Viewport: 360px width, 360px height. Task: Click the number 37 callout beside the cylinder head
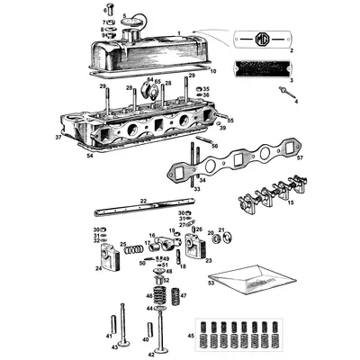pos(58,138)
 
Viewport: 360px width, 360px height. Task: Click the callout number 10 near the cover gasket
pos(212,69)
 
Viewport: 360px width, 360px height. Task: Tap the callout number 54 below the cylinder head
pos(89,156)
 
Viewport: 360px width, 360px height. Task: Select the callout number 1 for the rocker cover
pos(180,32)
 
